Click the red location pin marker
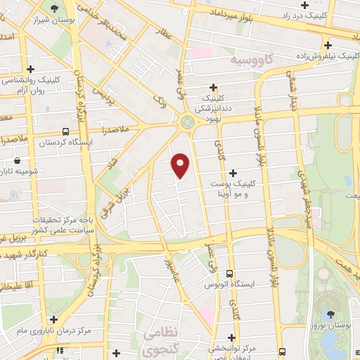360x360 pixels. tap(181, 165)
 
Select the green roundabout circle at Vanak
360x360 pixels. tap(187, 123)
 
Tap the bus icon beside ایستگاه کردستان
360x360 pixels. tap(65, 131)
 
